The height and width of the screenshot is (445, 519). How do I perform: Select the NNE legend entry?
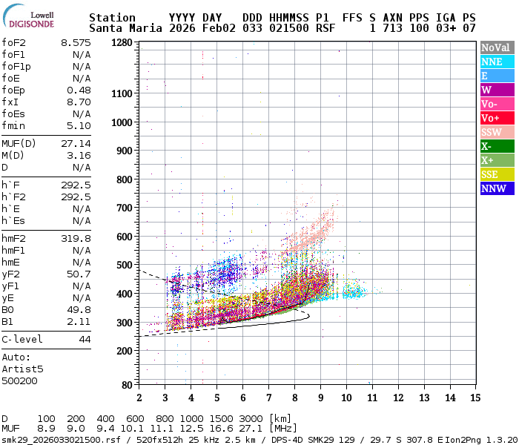[496, 62]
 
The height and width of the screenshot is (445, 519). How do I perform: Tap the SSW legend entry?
[496, 132]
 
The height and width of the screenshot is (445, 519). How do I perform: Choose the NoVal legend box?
[496, 47]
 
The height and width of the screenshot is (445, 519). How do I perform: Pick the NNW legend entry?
[496, 188]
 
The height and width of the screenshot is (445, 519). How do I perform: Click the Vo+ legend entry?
[496, 118]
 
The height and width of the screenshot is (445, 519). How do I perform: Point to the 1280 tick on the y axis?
[122, 43]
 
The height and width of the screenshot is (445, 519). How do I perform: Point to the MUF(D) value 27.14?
[76, 143]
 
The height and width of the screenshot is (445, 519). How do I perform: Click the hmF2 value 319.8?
[76, 238]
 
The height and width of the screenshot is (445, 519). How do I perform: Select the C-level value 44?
[85, 339]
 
